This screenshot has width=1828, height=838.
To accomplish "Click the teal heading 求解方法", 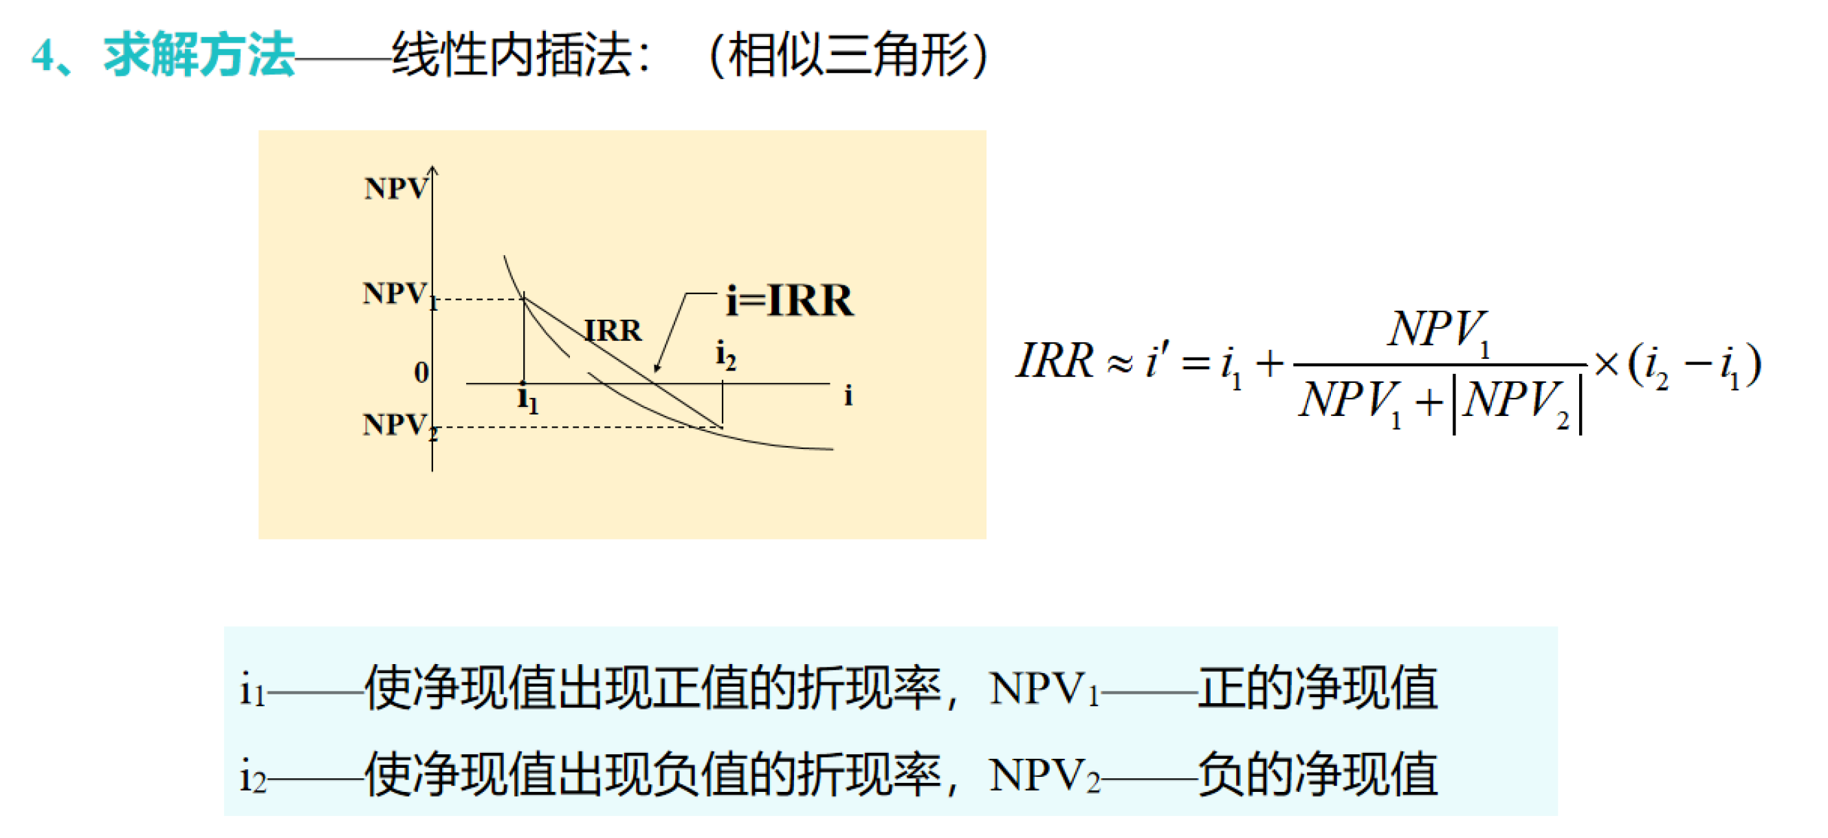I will pos(199,54).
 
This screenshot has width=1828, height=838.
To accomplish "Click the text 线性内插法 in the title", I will pos(511,54).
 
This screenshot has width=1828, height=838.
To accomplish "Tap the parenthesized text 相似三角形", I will pos(848,54).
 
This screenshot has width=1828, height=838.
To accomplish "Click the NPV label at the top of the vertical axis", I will pos(396,189).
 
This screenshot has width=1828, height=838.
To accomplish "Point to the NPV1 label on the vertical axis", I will pos(399,294).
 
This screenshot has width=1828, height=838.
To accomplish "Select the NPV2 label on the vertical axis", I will pos(399,426).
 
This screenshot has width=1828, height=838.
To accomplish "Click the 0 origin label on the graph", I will pos(421,373).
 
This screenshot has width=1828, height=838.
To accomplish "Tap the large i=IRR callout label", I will pos(790,300).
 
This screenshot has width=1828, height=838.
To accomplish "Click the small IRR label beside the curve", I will pos(613,331).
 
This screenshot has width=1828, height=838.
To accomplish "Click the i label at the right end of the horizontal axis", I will pos(848,396).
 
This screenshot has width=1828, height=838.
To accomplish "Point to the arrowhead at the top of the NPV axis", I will pos(433,169).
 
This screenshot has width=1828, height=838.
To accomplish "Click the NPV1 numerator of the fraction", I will pos(1438,331).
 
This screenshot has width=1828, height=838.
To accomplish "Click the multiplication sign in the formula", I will pos(1605,365).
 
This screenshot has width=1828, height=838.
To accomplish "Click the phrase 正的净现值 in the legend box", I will pos(1317,687).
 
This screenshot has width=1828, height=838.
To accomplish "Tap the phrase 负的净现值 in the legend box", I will pos(1317,775).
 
